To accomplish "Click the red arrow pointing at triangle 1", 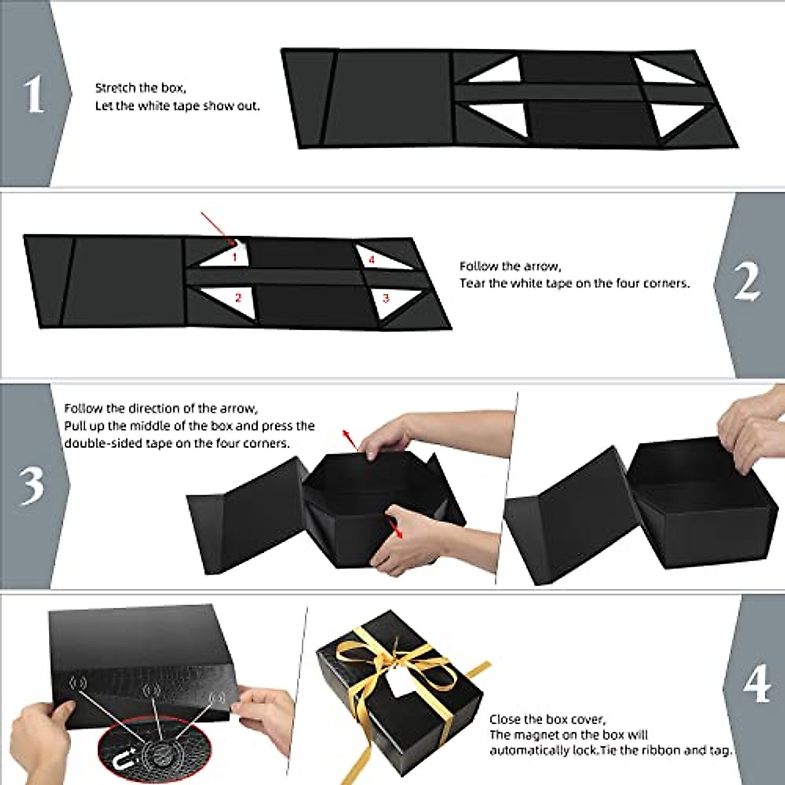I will coord(216,226).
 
